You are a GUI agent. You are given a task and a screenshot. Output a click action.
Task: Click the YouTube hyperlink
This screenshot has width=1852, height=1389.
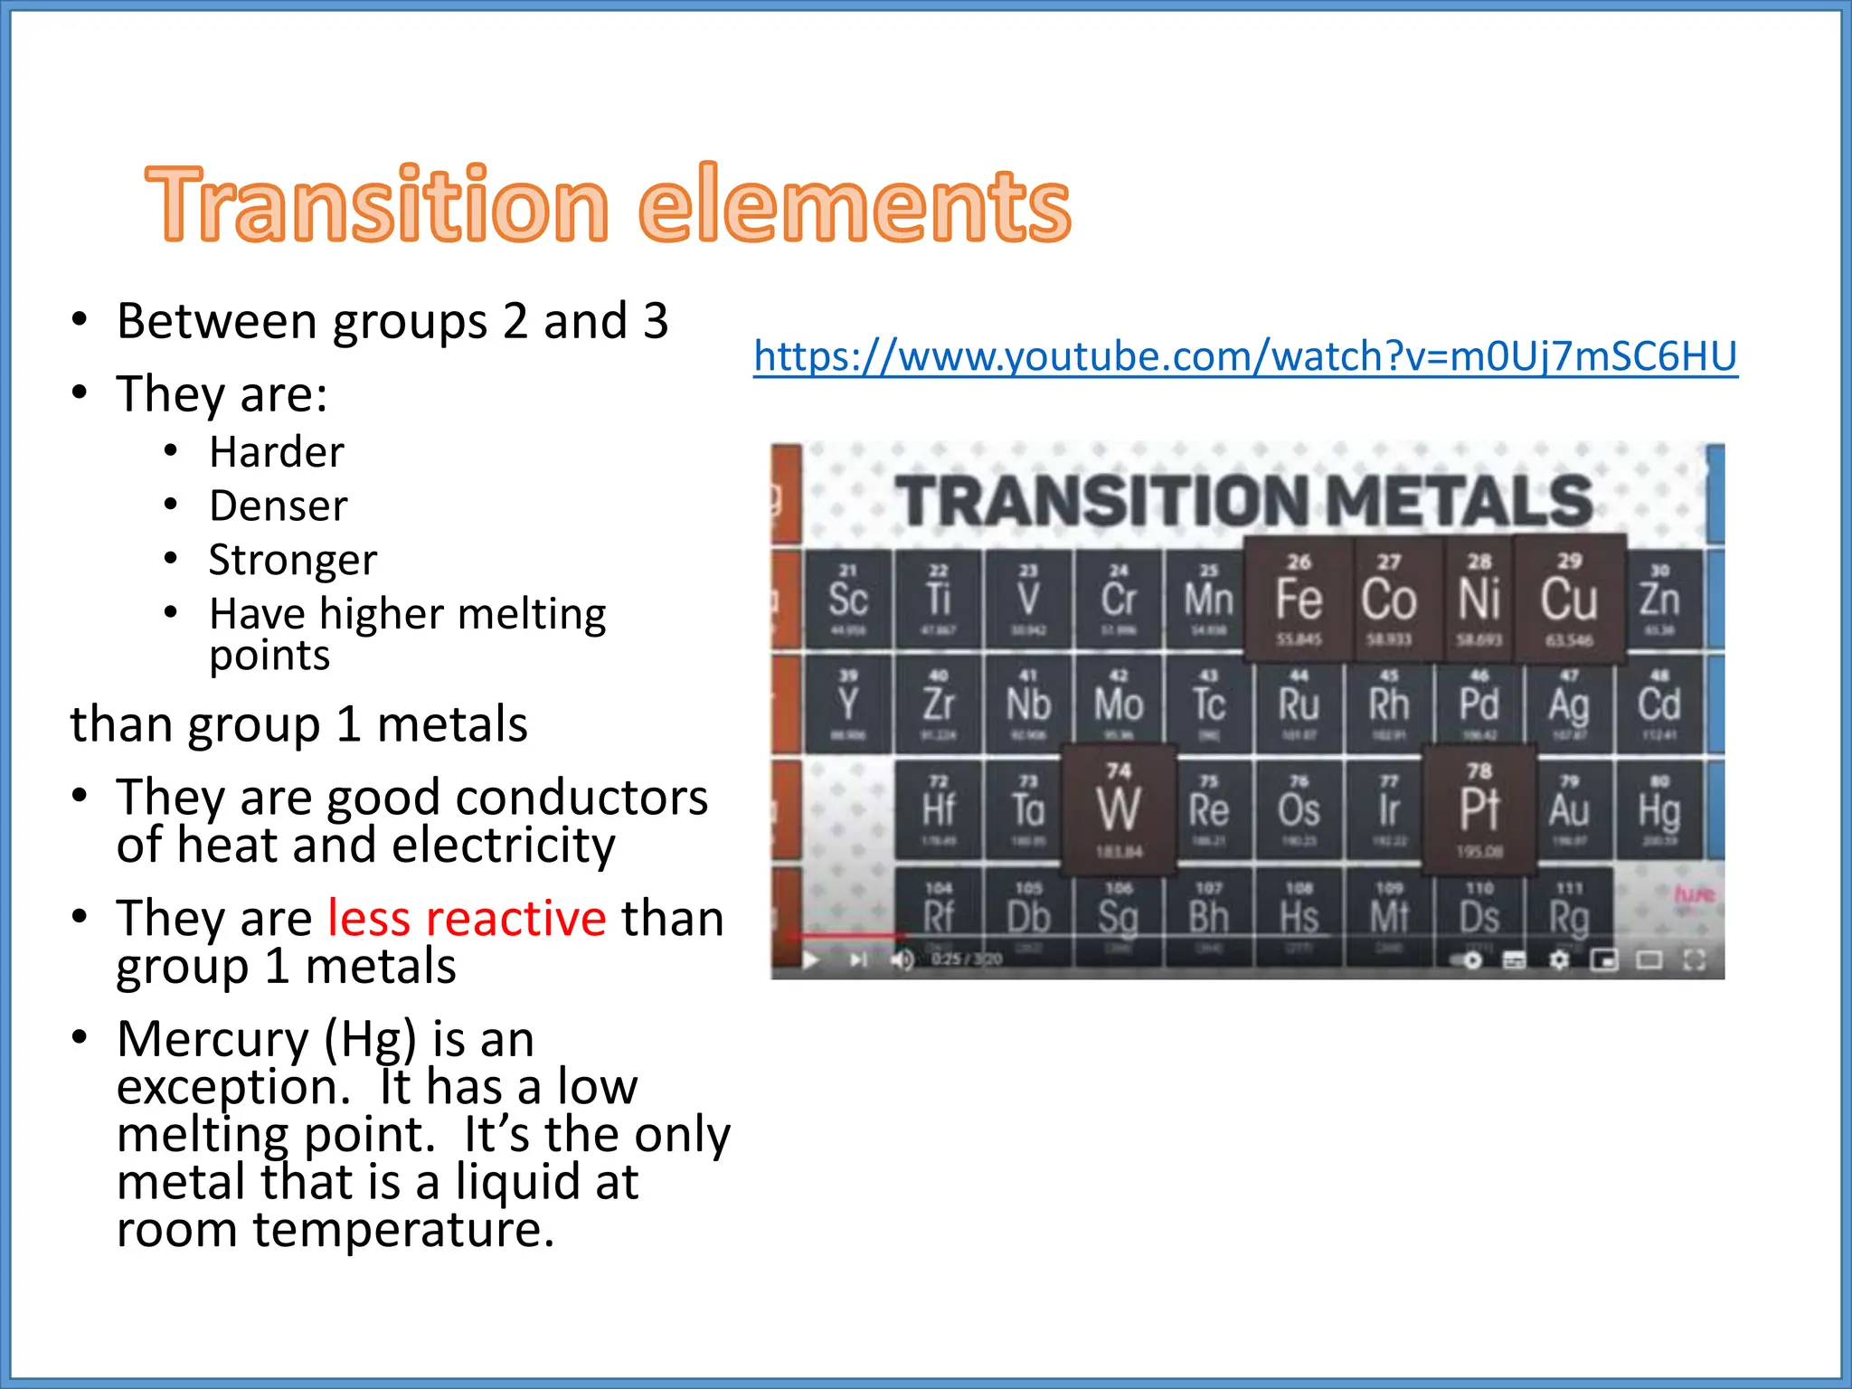(1245, 355)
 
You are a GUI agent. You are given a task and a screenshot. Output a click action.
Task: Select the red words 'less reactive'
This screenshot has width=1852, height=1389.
(467, 919)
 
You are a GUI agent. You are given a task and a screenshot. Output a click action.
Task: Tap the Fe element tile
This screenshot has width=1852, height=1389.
(1299, 599)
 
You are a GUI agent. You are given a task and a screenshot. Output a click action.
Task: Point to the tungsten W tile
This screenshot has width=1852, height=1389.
(1119, 809)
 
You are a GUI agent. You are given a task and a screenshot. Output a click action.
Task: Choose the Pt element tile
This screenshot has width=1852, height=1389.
(1479, 809)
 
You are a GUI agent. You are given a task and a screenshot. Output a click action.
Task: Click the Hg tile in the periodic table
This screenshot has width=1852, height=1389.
(1658, 809)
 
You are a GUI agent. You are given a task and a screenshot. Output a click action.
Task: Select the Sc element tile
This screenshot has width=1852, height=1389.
(848, 599)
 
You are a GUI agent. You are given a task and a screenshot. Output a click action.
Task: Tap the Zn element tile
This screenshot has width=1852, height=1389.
(1658, 599)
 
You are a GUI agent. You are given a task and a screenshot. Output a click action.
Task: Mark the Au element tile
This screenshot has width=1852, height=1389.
(1569, 809)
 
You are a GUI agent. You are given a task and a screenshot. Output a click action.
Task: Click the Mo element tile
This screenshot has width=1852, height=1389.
(1119, 704)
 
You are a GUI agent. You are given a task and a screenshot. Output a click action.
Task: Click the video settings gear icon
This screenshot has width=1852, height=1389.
(1559, 959)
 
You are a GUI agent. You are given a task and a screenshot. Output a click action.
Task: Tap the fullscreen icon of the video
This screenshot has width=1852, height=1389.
(1694, 959)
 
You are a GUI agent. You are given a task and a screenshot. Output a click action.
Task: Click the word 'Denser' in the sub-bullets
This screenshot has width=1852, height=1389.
(278, 506)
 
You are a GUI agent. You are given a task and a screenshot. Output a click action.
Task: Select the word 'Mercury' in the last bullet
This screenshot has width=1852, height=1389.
(213, 1039)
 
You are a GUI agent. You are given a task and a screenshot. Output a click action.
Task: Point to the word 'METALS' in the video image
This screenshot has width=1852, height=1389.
(1459, 500)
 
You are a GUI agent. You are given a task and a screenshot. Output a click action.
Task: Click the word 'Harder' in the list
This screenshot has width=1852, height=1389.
(277, 451)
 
